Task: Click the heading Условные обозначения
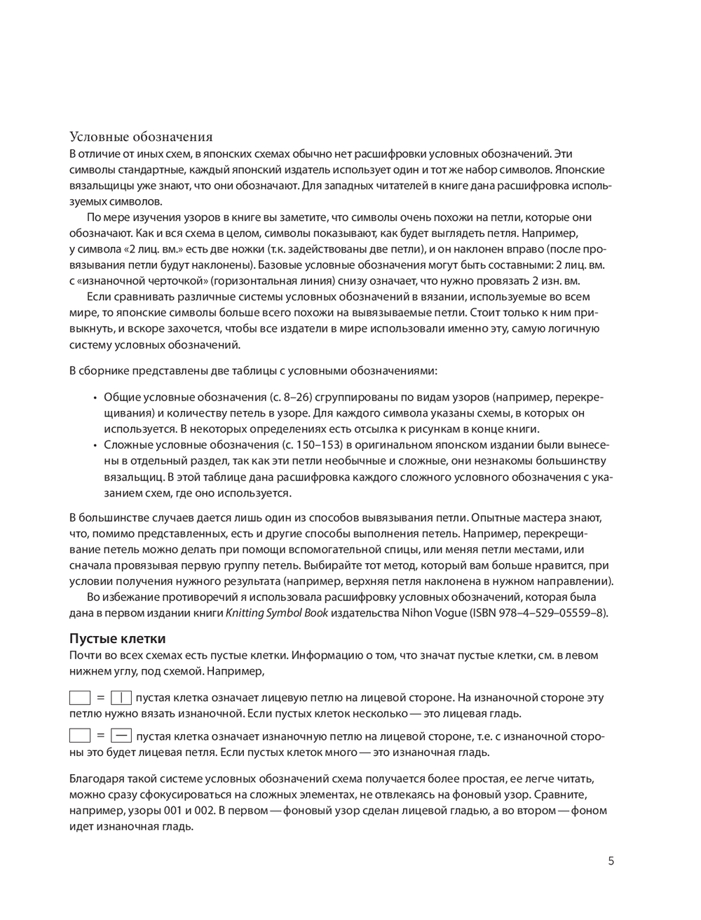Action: pyautogui.click(x=140, y=137)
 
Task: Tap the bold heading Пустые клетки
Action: pyautogui.click(x=117, y=639)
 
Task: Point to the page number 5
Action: pyautogui.click(x=611, y=861)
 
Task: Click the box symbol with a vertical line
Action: pyautogui.click(x=121, y=698)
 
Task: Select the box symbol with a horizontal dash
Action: pyautogui.click(x=121, y=736)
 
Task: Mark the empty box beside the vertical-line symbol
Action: pyautogui.click(x=80, y=698)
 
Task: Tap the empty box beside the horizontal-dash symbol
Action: pyautogui.click(x=80, y=736)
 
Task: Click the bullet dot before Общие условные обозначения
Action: pyautogui.click(x=95, y=398)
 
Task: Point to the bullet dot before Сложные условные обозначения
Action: pyautogui.click(x=95, y=445)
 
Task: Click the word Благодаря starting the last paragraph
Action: pyautogui.click(x=95, y=778)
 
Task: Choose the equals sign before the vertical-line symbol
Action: pyautogui.click(x=101, y=698)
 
